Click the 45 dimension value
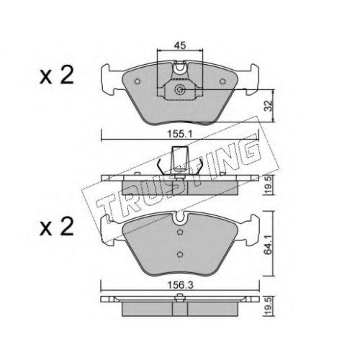[x=180, y=45]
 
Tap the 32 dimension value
[x=269, y=105]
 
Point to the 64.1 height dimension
[x=269, y=243]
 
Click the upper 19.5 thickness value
[x=269, y=185]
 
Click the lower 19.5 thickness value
[x=269, y=306]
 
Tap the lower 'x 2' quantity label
[x=57, y=226]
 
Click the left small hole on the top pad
[x=138, y=81]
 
